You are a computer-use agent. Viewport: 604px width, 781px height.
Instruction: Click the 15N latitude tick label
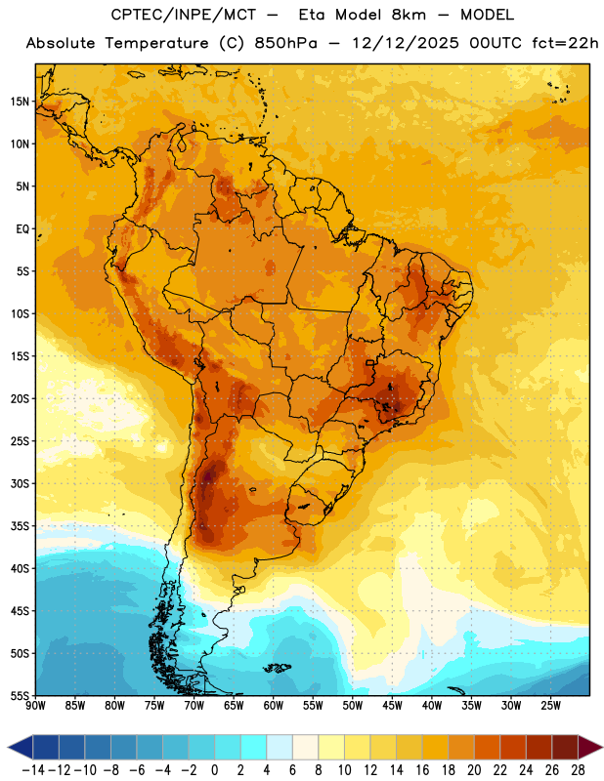pyautogui.click(x=20, y=102)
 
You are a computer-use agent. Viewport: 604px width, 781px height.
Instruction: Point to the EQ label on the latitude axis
pyautogui.click(x=22, y=229)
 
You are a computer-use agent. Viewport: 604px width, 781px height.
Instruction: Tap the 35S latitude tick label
pyautogui.click(x=20, y=526)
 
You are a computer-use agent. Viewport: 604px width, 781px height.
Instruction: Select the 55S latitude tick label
pyautogui.click(x=20, y=695)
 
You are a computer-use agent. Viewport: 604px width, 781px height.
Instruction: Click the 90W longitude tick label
pyautogui.click(x=36, y=706)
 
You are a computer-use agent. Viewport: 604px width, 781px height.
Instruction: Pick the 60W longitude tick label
pyautogui.click(x=274, y=706)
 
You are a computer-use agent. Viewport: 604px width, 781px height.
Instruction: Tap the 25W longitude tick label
pyautogui.click(x=550, y=706)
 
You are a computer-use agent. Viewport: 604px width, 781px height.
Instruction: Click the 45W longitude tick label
pyautogui.click(x=392, y=706)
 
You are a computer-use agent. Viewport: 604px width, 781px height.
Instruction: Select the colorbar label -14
pyautogui.click(x=33, y=770)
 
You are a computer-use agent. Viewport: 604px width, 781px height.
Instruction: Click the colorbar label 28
pyautogui.click(x=578, y=770)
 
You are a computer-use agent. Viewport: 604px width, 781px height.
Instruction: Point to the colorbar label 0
pyautogui.click(x=214, y=770)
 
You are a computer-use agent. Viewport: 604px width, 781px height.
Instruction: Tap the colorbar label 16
pyautogui.click(x=422, y=770)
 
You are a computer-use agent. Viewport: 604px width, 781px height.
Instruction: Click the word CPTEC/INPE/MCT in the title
pyautogui.click(x=184, y=15)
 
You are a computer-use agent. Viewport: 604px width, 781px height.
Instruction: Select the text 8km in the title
pyautogui.click(x=409, y=15)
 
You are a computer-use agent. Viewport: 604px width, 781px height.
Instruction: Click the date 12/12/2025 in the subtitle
pyautogui.click(x=406, y=43)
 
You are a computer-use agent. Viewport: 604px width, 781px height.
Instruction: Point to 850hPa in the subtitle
pyautogui.click(x=285, y=43)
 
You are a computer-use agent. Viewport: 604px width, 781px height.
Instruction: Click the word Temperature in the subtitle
pyautogui.click(x=156, y=44)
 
